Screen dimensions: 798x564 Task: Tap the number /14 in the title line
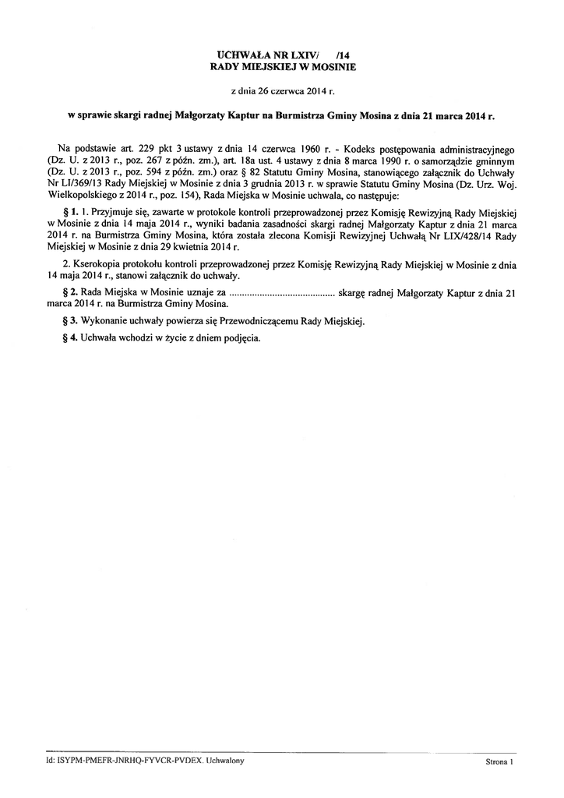coord(343,56)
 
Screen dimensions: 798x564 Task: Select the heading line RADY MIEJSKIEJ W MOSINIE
coord(283,68)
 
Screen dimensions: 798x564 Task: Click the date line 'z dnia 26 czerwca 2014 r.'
coord(282,91)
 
